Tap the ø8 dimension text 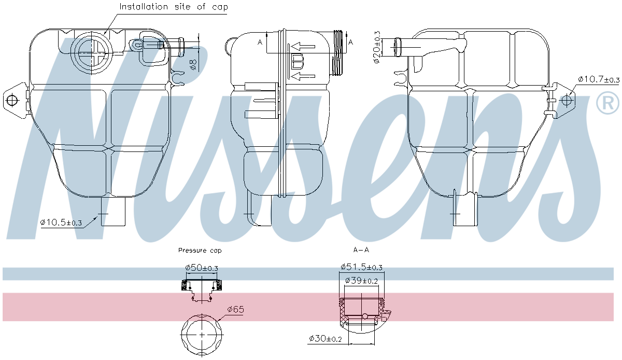point(193,64)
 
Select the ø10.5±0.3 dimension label point(61,222)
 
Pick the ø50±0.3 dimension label point(202,268)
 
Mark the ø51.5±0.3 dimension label point(361,267)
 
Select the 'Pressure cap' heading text point(200,251)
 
